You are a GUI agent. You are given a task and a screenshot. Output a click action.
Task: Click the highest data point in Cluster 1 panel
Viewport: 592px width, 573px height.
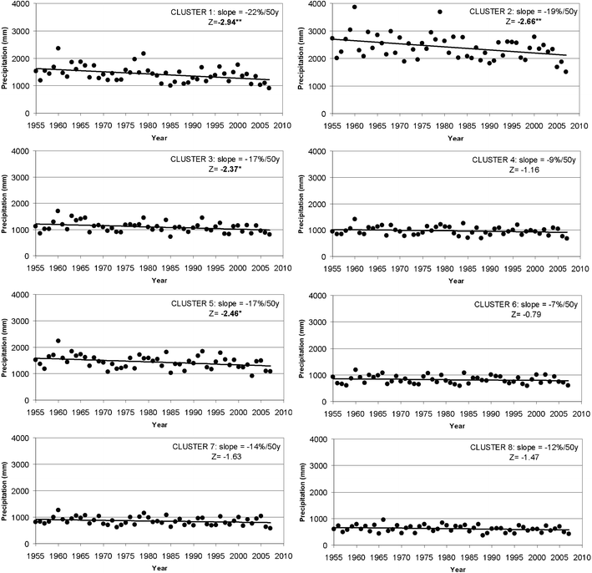[x=58, y=48]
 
